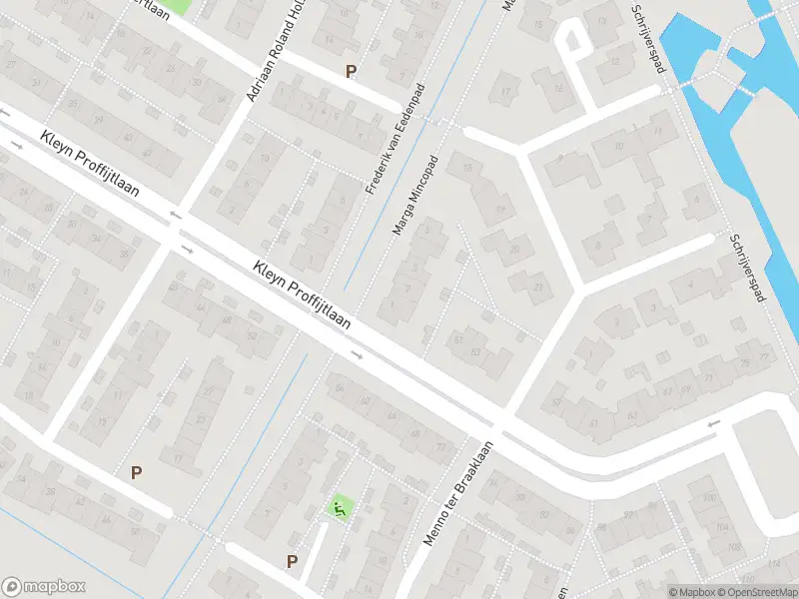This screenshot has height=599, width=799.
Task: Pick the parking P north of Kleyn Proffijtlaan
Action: (350, 71)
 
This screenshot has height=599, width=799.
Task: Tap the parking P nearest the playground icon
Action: (292, 561)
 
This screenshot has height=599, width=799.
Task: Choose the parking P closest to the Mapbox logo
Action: (136, 472)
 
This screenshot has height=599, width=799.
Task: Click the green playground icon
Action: (341, 509)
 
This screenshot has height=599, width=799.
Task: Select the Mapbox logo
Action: (44, 587)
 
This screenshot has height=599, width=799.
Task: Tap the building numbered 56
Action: (341, 388)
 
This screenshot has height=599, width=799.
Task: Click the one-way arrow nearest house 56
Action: (357, 354)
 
